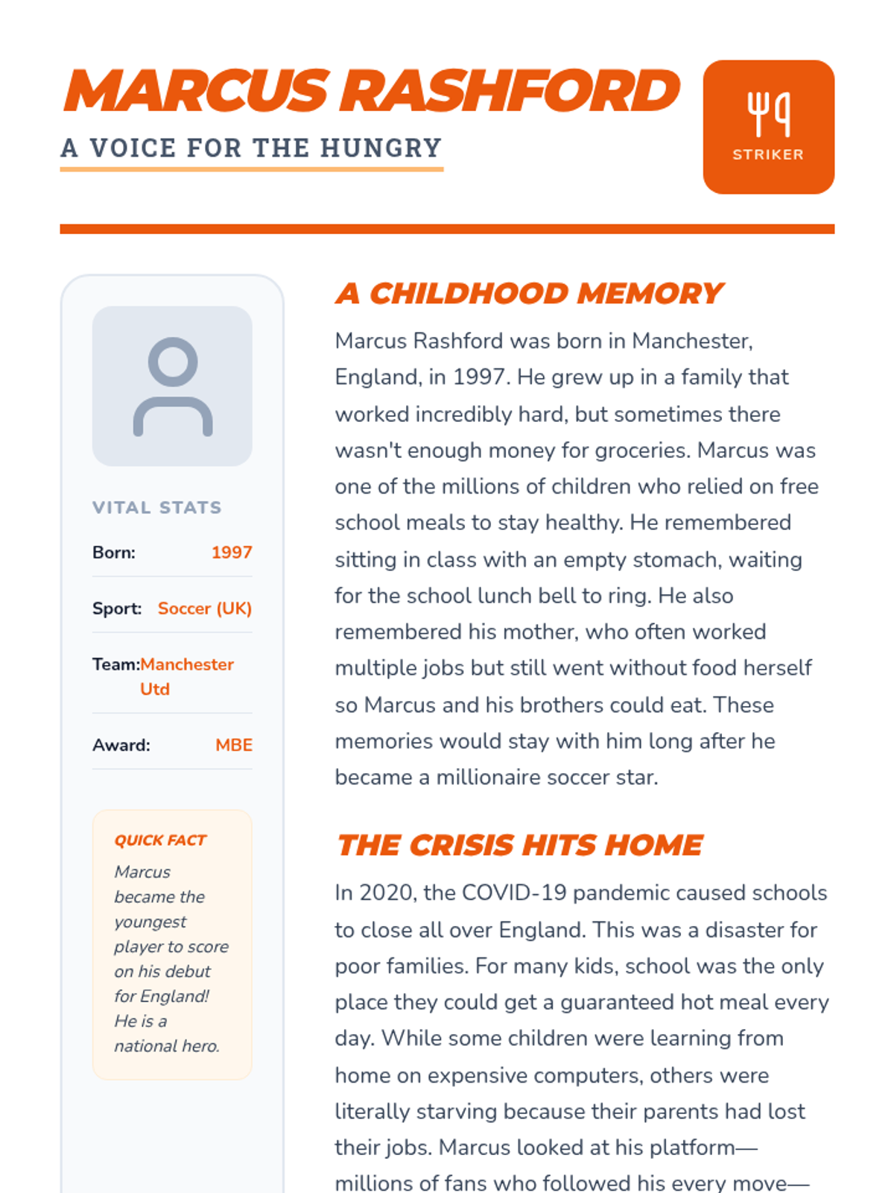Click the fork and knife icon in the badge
[768, 114]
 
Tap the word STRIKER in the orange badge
[768, 154]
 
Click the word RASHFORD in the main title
[513, 91]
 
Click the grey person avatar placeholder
[172, 386]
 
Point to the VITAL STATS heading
[156, 508]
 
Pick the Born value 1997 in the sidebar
[232, 553]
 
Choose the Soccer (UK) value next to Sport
[205, 608]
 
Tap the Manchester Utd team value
[186, 676]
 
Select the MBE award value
[234, 745]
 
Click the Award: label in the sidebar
[121, 745]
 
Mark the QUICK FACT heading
[160, 840]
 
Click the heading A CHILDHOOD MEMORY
[529, 294]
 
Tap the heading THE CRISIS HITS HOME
[519, 846]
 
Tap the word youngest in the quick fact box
[150, 922]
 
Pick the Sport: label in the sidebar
[117, 608]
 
